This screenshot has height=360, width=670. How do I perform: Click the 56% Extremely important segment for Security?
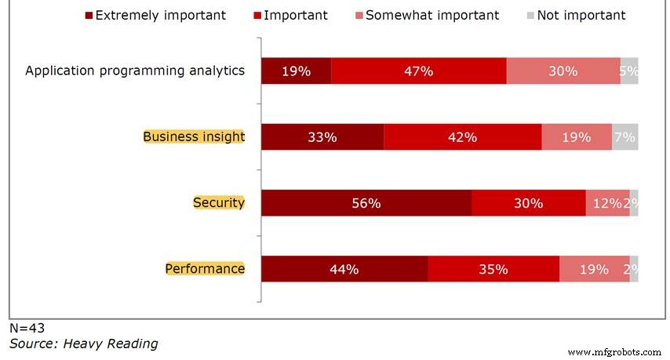(x=366, y=203)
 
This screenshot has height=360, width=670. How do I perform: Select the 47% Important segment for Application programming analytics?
(x=419, y=71)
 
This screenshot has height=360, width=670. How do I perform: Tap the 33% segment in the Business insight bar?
(x=322, y=137)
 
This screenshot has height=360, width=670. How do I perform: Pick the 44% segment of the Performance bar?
(x=344, y=269)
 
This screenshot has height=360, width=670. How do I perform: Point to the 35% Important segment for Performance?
(x=493, y=269)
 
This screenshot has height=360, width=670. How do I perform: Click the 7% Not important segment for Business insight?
(x=625, y=137)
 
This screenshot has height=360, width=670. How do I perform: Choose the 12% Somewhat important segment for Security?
(x=607, y=203)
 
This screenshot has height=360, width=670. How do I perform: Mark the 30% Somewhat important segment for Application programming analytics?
(x=563, y=71)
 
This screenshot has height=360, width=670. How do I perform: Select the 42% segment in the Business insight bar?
(x=463, y=137)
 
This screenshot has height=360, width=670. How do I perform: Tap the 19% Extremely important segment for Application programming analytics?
(x=296, y=71)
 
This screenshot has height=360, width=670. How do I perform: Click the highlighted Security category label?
(x=219, y=202)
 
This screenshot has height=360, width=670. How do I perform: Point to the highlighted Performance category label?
(x=205, y=268)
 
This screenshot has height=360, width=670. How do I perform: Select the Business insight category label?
(x=194, y=136)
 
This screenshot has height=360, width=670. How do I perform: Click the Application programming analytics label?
(x=135, y=71)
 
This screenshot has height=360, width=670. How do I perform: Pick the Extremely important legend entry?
(x=155, y=16)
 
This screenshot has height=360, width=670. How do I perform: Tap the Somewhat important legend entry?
(x=428, y=16)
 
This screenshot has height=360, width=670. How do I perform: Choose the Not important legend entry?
(x=577, y=16)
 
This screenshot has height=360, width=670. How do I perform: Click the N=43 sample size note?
(x=27, y=328)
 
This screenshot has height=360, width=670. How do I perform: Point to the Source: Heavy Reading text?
(x=84, y=344)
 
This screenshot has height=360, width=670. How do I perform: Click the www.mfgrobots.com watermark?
(x=614, y=352)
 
